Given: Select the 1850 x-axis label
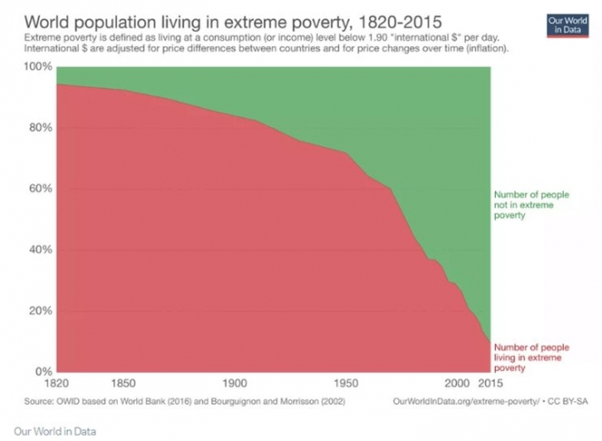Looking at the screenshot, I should (123, 384).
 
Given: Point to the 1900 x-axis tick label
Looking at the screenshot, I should (235, 384).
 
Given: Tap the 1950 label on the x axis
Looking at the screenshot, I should (346, 384).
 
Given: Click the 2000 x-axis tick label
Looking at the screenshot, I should (457, 384).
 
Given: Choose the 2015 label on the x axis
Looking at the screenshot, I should (489, 384).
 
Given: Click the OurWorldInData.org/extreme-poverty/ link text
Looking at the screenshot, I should (463, 401).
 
